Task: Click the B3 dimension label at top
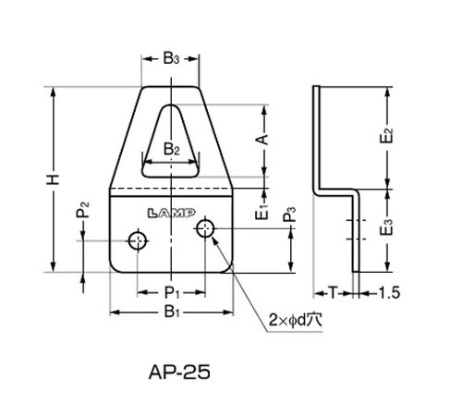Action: pos(171,58)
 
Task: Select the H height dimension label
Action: pos(53,179)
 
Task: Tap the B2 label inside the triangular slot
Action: pos(171,149)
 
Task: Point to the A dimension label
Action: pos(261,140)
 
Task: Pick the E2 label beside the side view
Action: pos(387,136)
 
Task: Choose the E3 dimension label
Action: pos(387,227)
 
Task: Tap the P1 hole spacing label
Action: pos(172,292)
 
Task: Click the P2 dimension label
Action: pos(82,210)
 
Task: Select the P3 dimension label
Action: pos(289,215)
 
